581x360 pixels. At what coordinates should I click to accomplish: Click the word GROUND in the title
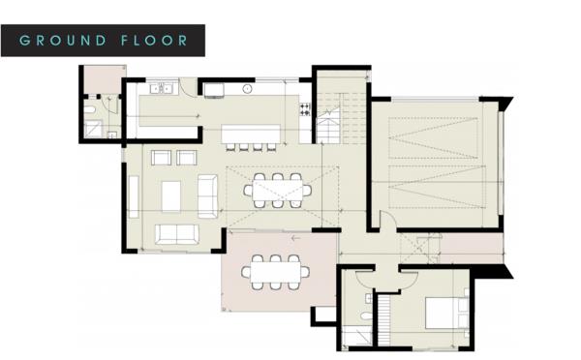63,41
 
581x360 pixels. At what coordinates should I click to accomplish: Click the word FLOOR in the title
154,41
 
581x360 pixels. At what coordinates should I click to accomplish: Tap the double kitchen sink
161,88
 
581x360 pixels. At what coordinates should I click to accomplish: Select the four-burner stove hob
305,109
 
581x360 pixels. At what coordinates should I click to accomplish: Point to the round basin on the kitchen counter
248,89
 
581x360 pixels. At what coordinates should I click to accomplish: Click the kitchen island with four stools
251,134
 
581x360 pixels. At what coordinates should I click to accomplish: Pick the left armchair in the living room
161,158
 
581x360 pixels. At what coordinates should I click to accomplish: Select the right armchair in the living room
186,158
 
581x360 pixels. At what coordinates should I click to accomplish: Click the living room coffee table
171,196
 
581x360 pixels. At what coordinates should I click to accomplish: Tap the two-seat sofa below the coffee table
177,234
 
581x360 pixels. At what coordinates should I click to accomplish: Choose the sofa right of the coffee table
207,195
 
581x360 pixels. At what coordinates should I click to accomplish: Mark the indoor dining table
278,191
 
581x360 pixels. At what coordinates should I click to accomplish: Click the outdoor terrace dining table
275,273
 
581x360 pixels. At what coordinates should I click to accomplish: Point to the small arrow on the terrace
295,238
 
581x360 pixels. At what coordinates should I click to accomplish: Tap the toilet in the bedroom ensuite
366,315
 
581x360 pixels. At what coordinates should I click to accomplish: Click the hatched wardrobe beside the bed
383,319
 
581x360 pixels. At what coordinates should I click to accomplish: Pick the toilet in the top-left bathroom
89,109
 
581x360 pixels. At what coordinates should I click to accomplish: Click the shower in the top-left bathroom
93,130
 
